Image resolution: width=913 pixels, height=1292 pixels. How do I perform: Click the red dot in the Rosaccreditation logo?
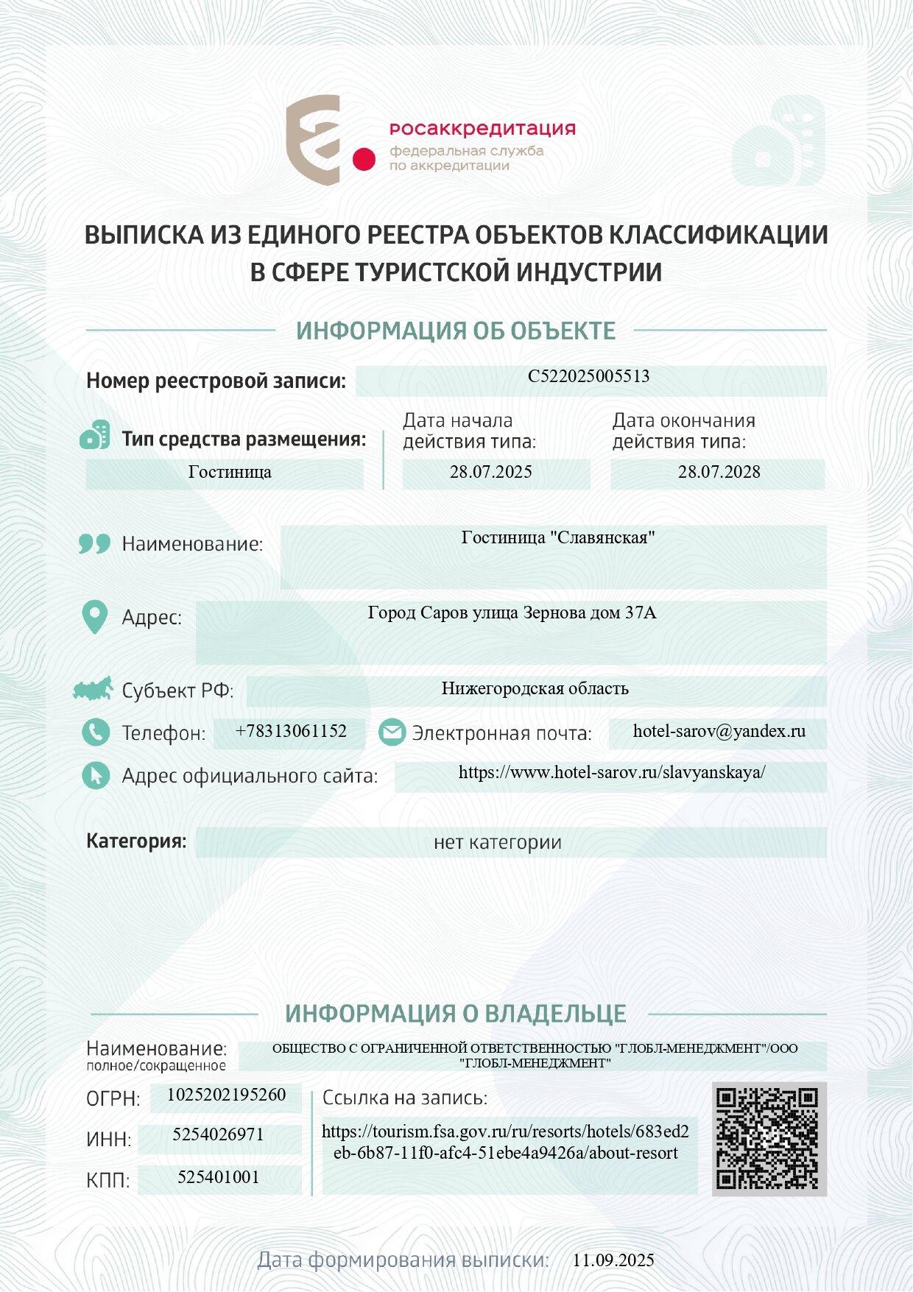coord(364,159)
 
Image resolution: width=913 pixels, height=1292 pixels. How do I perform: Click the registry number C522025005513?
coord(588,376)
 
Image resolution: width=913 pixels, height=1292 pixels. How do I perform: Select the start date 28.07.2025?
coord(490,472)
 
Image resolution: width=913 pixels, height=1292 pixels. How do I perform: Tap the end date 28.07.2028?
coord(719,472)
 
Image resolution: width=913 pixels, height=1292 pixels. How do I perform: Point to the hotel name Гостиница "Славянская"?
coord(557,537)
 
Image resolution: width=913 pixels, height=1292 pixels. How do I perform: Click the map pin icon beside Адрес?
coord(94,617)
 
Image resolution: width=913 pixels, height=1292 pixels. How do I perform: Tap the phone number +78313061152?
coord(291,731)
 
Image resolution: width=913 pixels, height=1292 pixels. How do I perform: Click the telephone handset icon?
coord(95,733)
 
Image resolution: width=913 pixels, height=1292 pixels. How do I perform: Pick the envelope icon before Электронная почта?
coord(392,733)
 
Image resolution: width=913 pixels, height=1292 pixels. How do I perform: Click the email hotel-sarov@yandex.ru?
coord(719,731)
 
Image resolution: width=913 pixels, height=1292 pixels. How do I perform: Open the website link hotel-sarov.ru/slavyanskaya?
coord(611,772)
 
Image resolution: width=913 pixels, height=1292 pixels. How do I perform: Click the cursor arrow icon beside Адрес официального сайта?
coord(95,775)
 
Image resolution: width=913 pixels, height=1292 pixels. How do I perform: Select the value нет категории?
coord(497,842)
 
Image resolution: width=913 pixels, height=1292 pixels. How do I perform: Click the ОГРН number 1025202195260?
coord(226,1095)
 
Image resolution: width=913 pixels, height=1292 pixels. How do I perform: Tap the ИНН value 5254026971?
coord(218,1134)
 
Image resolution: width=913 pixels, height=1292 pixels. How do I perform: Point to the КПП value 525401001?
coord(218,1177)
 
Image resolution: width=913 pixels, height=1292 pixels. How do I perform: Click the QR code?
coord(768,1138)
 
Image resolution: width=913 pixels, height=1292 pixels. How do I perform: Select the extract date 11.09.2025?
coord(613,1260)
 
